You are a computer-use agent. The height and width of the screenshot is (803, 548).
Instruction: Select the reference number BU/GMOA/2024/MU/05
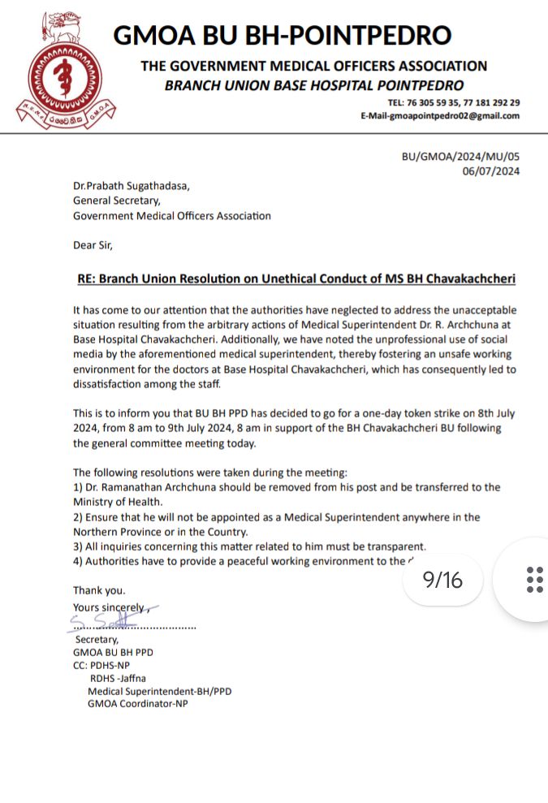coord(460,157)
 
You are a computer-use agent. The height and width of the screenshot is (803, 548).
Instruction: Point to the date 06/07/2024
coord(491,171)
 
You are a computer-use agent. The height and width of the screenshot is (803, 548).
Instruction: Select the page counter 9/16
coord(442,580)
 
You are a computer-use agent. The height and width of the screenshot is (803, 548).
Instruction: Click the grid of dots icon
coord(534,580)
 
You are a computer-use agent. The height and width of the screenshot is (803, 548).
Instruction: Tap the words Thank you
coord(99,590)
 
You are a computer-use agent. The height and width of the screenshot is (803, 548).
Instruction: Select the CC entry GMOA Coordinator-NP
coord(137,704)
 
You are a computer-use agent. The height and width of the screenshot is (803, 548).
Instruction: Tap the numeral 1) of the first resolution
coord(78,487)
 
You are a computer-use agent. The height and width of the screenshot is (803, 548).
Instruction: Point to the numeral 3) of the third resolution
coord(78,546)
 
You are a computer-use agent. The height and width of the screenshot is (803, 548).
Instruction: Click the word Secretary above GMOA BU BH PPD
coord(97,640)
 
